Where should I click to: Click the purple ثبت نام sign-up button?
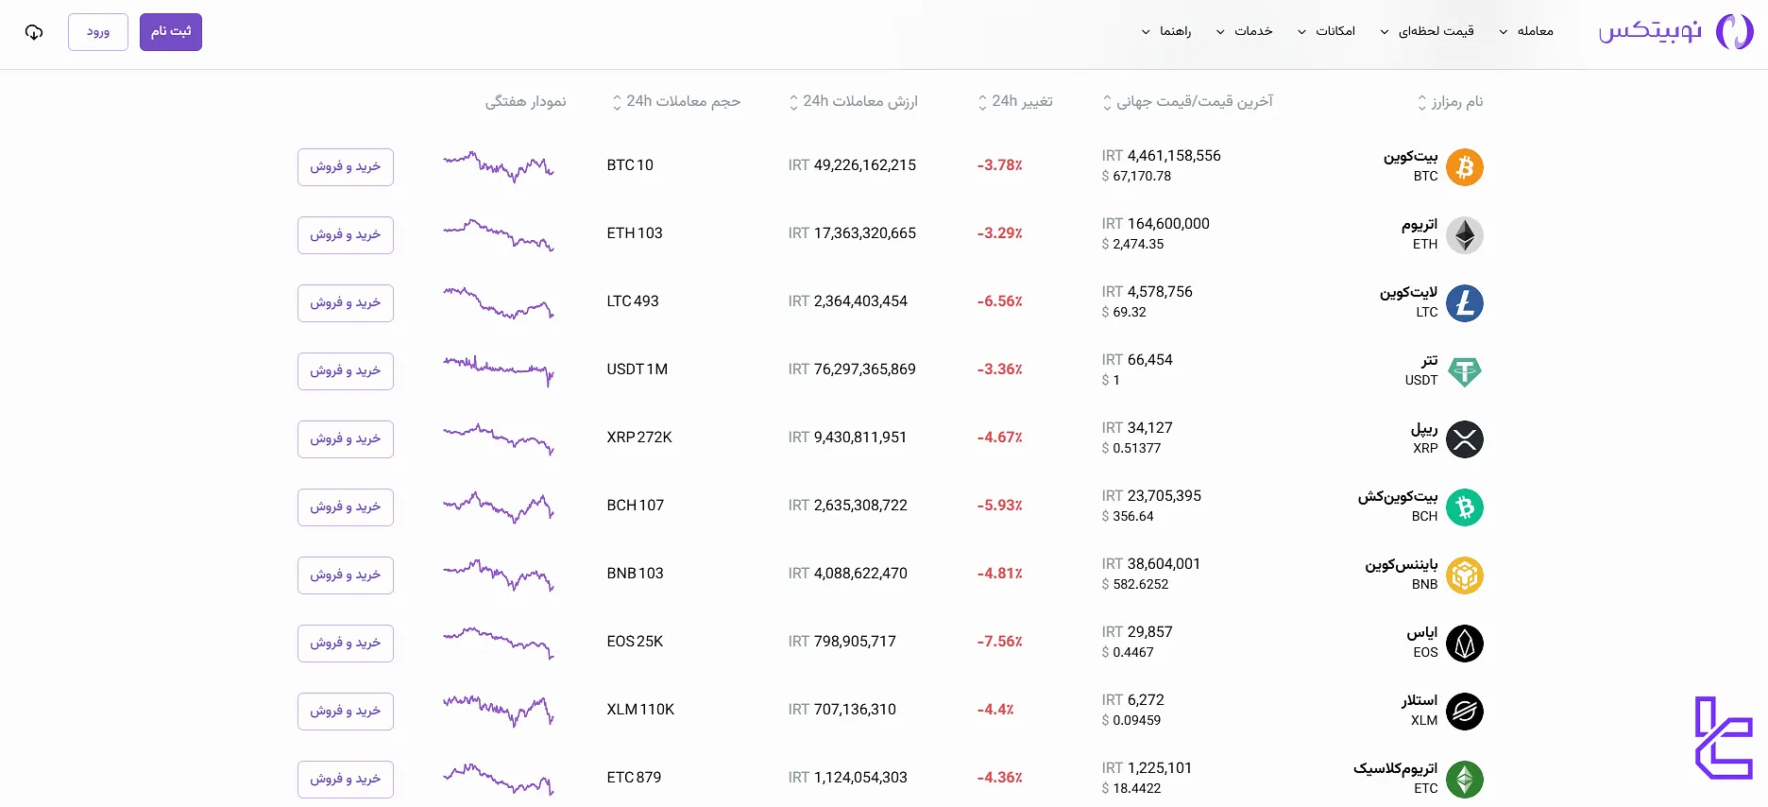pos(171,32)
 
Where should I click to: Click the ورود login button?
pos(98,32)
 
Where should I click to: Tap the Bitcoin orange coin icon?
pos(1465,167)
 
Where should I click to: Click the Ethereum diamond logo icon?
pos(1465,235)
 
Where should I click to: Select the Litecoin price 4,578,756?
pos(1160,292)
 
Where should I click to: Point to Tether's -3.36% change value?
pos(999,369)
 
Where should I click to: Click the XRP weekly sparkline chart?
pos(499,438)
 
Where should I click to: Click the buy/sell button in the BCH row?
pos(346,507)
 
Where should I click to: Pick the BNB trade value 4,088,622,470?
pos(859,574)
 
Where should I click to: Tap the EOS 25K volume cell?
pos(635,642)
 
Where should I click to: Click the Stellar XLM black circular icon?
pos(1465,712)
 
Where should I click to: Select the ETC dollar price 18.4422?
pos(1136,788)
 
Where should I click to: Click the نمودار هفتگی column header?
pos(525,102)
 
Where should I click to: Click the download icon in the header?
pos(34,32)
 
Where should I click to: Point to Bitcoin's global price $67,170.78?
pos(1141,176)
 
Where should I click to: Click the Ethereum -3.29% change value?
pos(999,233)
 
